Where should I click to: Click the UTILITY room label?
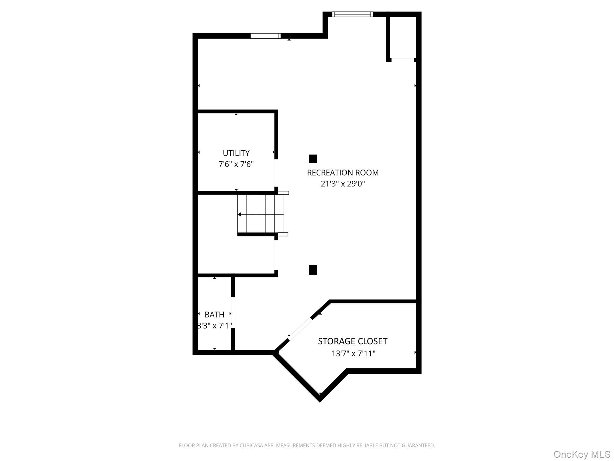click(x=236, y=153)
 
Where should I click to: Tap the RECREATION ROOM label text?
click(x=343, y=173)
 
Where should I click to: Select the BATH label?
click(x=214, y=315)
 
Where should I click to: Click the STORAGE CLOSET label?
click(x=353, y=341)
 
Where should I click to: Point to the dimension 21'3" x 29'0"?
click(x=343, y=184)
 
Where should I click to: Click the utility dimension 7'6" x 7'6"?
click(x=236, y=164)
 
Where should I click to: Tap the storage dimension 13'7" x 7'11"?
click(x=353, y=354)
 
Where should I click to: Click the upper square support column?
click(x=313, y=158)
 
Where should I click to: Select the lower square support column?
click(x=313, y=270)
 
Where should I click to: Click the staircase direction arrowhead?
click(x=239, y=214)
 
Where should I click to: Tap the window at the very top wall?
click(x=352, y=14)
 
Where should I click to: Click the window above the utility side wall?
click(x=265, y=36)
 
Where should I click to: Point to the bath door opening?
click(x=233, y=312)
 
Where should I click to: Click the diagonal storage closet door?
click(x=300, y=329)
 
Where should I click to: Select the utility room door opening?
click(x=276, y=173)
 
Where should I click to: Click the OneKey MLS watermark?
click(x=582, y=454)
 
